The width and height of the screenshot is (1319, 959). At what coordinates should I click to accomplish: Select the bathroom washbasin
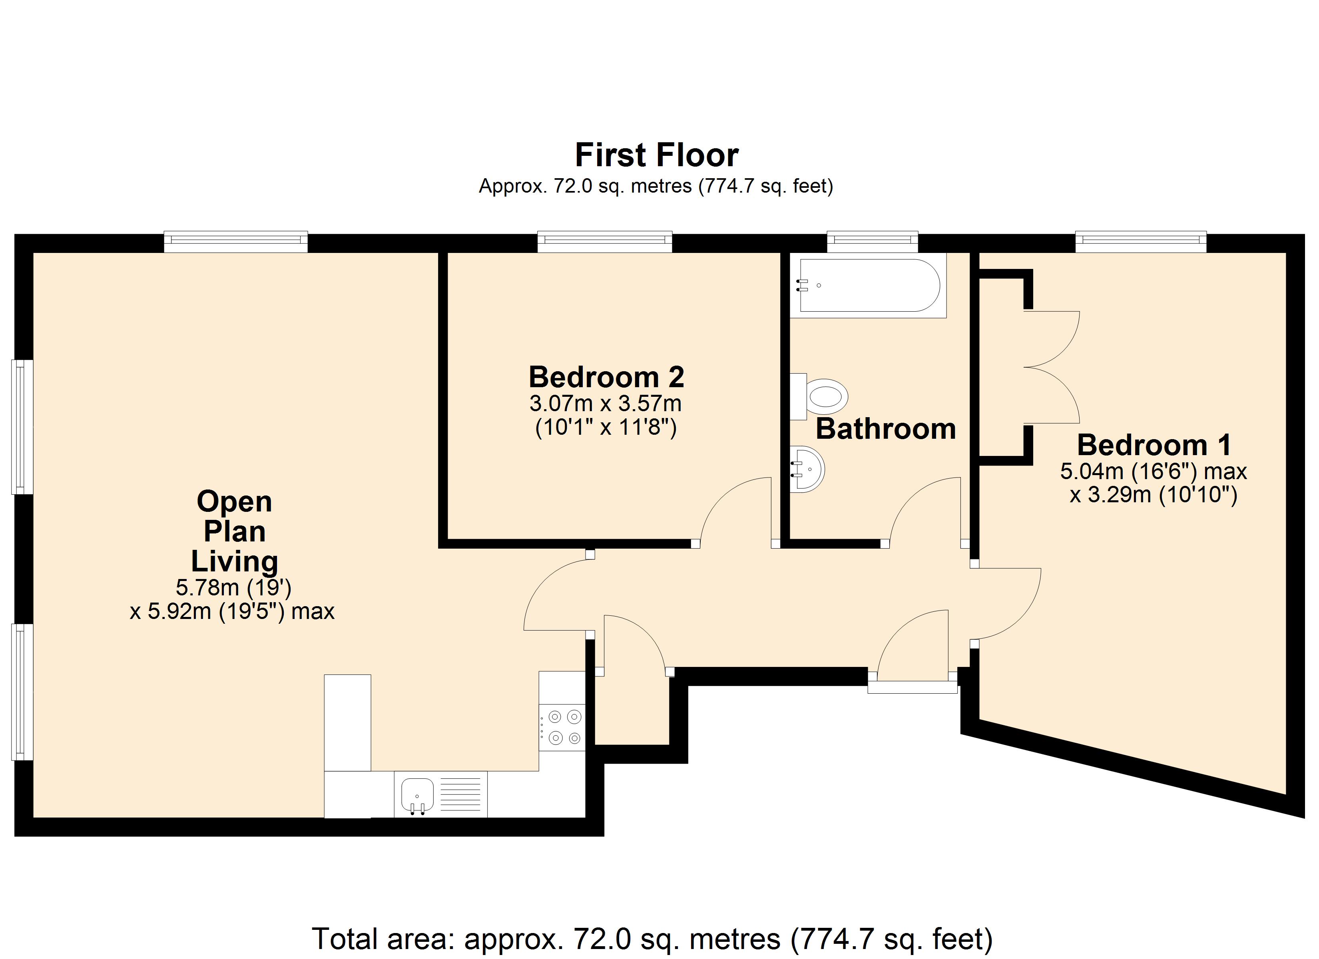807,469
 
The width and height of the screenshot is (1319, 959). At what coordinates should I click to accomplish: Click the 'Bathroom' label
886,429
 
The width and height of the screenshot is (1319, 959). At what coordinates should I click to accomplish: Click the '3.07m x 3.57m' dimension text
606,403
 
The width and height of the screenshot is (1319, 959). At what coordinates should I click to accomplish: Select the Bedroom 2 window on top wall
605,241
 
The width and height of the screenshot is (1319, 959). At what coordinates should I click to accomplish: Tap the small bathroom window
873,241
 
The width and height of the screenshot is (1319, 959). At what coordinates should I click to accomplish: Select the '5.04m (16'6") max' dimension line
1153,471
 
